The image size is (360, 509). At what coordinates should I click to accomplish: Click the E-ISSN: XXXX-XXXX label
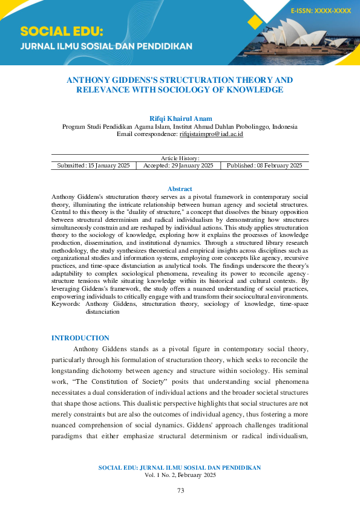320,11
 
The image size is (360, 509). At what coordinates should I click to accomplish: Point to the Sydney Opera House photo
309,42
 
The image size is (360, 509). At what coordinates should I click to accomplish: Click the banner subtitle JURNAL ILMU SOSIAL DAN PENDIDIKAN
106,47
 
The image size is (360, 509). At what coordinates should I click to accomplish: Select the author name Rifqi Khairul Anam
180,118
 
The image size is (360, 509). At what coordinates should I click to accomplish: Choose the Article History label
180,158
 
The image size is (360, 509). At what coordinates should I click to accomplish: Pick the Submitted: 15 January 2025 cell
93,165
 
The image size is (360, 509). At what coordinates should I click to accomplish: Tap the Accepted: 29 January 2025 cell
178,165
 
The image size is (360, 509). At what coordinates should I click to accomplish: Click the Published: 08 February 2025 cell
264,165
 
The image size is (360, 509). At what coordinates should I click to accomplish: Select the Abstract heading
180,189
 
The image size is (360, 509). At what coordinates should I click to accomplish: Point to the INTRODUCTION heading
80,338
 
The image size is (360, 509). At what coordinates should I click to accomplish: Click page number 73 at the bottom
180,490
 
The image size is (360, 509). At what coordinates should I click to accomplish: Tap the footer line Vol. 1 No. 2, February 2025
180,475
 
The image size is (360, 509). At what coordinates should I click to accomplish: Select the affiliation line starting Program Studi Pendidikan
180,127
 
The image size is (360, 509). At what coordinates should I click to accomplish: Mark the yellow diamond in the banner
255,22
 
